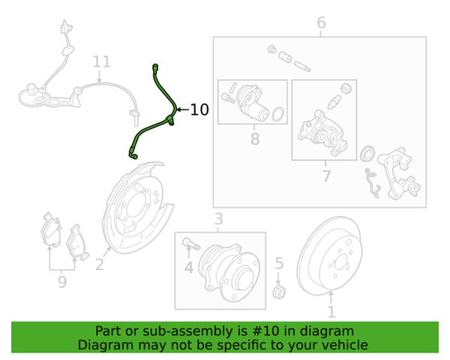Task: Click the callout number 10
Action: pos(199,109)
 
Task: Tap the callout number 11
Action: pos(102,61)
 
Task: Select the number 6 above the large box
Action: pos(321,22)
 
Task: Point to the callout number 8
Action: pos(255,139)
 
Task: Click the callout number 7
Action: pos(326,175)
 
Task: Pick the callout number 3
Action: pos(219,219)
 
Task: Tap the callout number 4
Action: pos(189,268)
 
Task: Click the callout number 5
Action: pos(279,263)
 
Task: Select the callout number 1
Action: pos(331,312)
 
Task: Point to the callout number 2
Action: pos(99,265)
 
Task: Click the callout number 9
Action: pos(62,282)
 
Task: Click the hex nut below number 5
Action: pos(279,292)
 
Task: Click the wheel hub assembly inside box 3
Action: pos(229,272)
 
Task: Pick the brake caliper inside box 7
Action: pos(322,133)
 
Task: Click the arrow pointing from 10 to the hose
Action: pos(182,109)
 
